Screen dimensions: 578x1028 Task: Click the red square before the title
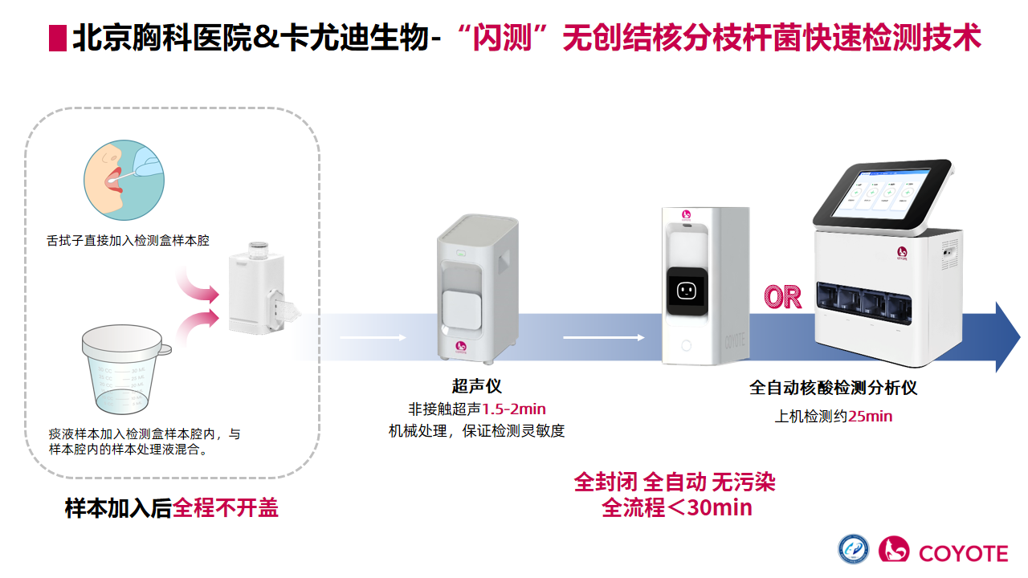click(x=57, y=39)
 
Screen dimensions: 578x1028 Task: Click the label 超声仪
click(x=476, y=386)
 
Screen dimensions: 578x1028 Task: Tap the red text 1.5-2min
click(x=514, y=409)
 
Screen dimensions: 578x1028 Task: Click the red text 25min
click(x=870, y=416)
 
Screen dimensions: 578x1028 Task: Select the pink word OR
click(x=783, y=297)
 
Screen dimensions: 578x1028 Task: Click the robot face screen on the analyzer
click(x=686, y=291)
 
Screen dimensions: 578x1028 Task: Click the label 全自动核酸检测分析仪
click(x=833, y=388)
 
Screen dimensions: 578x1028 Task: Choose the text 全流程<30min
click(x=676, y=507)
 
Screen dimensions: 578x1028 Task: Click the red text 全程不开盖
click(x=226, y=508)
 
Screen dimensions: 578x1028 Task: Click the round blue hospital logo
click(x=854, y=550)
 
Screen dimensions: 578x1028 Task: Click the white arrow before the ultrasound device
click(x=373, y=337)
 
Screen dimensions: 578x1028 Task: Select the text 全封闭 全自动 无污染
click(x=675, y=482)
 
